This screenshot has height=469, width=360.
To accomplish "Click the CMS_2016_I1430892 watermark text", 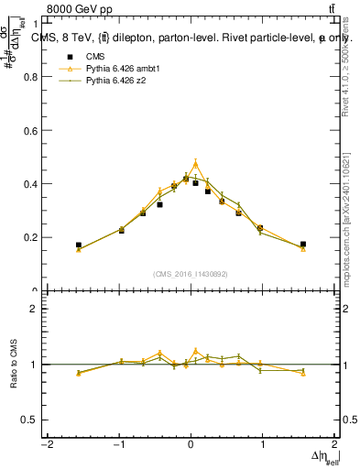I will (191, 273).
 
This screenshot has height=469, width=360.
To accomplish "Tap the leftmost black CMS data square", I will (79, 245).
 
